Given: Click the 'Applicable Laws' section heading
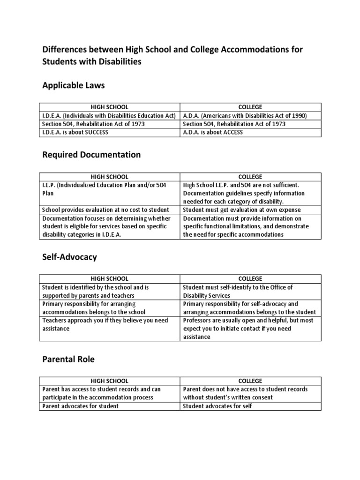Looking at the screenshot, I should click(74, 85).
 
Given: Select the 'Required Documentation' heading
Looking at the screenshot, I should click(91, 155).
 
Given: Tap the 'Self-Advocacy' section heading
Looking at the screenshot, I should click(69, 257).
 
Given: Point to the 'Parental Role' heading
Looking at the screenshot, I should click(68, 359).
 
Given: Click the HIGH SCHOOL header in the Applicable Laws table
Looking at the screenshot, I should click(109, 107).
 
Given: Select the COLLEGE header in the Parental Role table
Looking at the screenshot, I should click(250, 381).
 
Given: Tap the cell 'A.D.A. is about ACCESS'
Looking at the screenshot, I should click(213, 133).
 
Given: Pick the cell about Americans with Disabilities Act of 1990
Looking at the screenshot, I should click(244, 116).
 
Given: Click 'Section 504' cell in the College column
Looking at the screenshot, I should click(234, 124).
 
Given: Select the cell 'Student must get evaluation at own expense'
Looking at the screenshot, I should click(242, 210).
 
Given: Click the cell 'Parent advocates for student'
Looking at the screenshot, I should click(80, 406).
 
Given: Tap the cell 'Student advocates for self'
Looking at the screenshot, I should click(217, 406).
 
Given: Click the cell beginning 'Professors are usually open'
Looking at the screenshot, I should click(248, 329).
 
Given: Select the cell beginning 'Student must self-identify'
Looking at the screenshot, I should click(238, 291).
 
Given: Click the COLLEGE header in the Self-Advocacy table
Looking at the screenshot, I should click(250, 279).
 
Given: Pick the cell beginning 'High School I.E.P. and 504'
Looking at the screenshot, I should click(244, 193).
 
